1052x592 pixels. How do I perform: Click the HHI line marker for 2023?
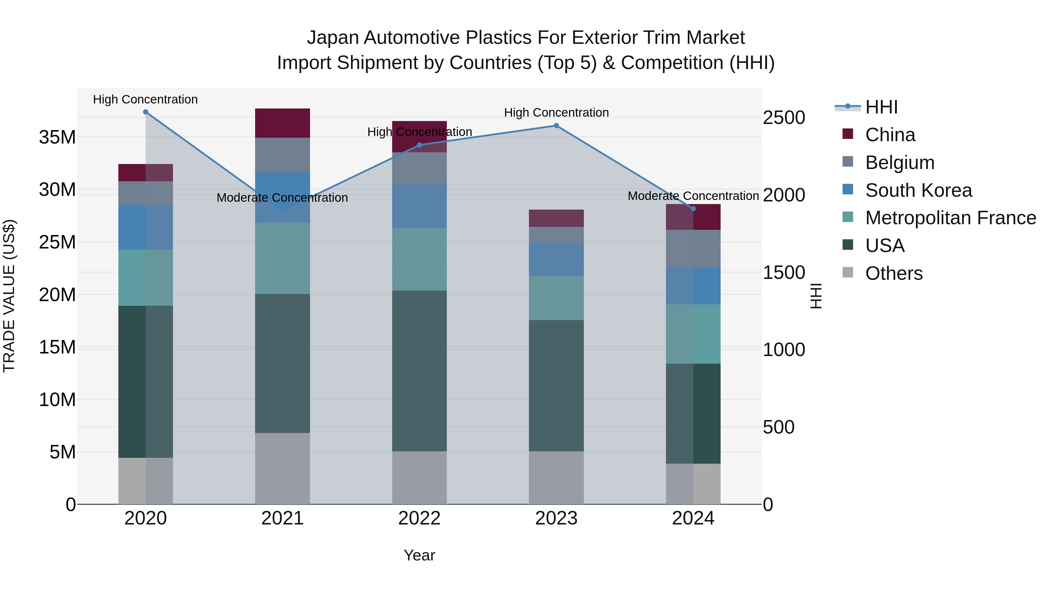556,126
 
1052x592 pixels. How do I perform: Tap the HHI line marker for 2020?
146,112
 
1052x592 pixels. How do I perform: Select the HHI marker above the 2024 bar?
693,209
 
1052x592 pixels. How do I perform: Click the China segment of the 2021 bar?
282,123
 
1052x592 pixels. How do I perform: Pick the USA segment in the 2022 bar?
419,371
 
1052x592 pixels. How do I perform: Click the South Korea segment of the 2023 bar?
556,259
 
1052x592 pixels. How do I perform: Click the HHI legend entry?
881,107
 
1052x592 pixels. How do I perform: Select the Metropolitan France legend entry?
950,218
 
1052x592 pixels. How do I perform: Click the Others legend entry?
894,274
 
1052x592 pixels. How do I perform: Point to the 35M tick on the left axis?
57,137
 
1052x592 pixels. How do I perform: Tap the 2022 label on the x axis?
419,519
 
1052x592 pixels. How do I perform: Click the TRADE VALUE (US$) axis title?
9,296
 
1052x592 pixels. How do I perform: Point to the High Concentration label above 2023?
556,113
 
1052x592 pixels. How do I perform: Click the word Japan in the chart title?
333,38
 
